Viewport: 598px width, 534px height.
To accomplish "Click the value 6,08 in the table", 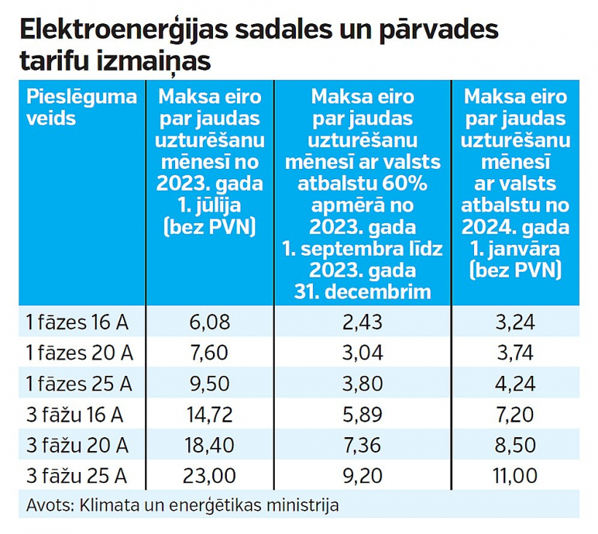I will click(x=209, y=321).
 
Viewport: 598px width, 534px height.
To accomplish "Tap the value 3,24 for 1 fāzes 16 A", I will click(x=516, y=321).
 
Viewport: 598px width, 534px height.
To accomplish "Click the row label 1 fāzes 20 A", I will click(x=80, y=353).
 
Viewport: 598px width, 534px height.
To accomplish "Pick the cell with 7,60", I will click(x=209, y=353).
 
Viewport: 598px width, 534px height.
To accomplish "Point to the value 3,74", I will click(x=516, y=353).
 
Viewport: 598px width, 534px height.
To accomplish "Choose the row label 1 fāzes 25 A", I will click(x=80, y=383).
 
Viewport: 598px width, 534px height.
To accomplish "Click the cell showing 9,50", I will click(x=209, y=383).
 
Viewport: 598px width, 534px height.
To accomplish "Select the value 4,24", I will click(x=516, y=383).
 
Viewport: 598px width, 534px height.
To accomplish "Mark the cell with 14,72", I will click(x=209, y=415).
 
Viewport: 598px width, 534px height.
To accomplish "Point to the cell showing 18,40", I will click(x=209, y=445).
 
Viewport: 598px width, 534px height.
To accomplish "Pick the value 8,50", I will click(x=516, y=445).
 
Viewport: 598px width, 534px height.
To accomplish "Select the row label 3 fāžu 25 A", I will click(x=77, y=476).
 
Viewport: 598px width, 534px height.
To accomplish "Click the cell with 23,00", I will click(x=209, y=476).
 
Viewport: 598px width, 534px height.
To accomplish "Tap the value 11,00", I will click(x=516, y=476).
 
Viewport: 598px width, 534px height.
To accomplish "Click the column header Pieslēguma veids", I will click(x=81, y=107).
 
